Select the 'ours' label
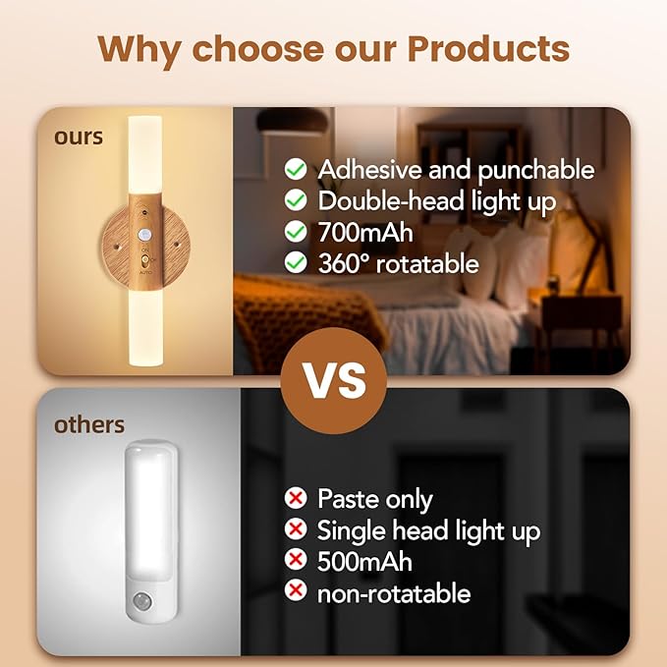pyautogui.click(x=79, y=137)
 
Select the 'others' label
pyautogui.click(x=89, y=424)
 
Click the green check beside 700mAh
pyautogui.click(x=295, y=233)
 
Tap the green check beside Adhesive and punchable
pyautogui.click(x=295, y=169)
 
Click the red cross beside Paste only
pyautogui.click(x=294, y=498)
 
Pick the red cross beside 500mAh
pyautogui.click(x=294, y=562)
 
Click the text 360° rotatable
pyautogui.click(x=398, y=263)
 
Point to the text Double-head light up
pyautogui.click(x=437, y=201)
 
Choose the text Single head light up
pyautogui.click(x=428, y=530)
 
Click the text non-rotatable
pyautogui.click(x=393, y=593)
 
